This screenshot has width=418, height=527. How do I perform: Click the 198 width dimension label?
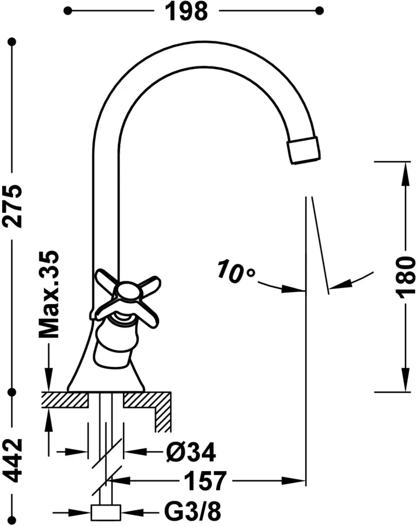(186, 12)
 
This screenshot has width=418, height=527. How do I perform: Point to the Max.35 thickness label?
(49, 295)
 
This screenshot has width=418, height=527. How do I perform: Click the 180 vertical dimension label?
(405, 278)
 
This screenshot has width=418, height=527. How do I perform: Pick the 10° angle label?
(236, 270)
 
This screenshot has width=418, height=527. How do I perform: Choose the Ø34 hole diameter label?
(191, 452)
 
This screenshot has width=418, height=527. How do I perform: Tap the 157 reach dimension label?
(206, 481)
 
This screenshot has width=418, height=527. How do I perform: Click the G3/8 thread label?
(193, 512)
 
